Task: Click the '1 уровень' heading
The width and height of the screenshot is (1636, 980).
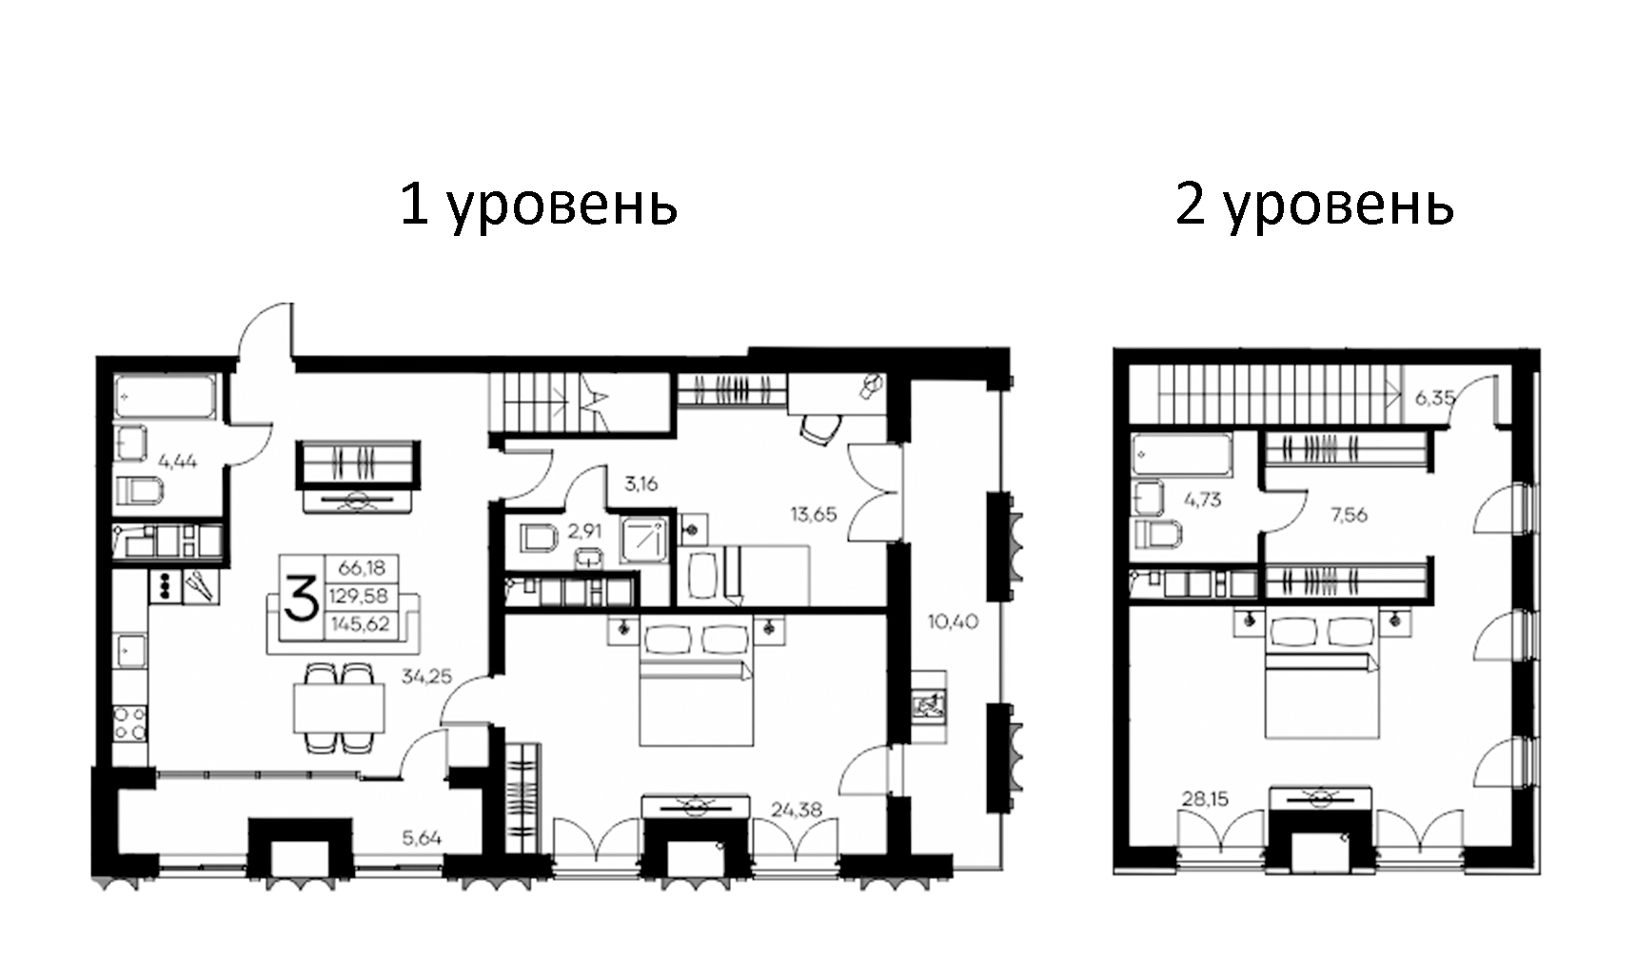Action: (x=538, y=204)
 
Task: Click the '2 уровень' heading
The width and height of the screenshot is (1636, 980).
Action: (x=1314, y=204)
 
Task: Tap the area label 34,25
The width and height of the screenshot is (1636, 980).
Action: (x=426, y=677)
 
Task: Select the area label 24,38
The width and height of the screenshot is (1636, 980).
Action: (x=797, y=810)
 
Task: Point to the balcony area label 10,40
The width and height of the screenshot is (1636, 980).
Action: (x=953, y=622)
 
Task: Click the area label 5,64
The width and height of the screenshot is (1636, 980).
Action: (x=422, y=838)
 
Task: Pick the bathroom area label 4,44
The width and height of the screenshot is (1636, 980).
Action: (x=178, y=461)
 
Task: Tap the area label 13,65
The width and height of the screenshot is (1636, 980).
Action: (x=814, y=514)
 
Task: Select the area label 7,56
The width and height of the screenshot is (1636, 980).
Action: (x=1349, y=515)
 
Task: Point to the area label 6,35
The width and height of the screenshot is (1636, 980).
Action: (x=1434, y=398)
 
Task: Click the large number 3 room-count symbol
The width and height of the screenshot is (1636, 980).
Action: (x=301, y=598)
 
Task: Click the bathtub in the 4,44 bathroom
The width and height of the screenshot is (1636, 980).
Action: (x=166, y=397)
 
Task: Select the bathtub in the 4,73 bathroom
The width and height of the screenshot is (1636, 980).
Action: (x=1181, y=455)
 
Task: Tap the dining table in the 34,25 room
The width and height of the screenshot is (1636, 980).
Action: (x=339, y=708)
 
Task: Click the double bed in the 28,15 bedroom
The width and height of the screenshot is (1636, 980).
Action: (x=1322, y=680)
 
